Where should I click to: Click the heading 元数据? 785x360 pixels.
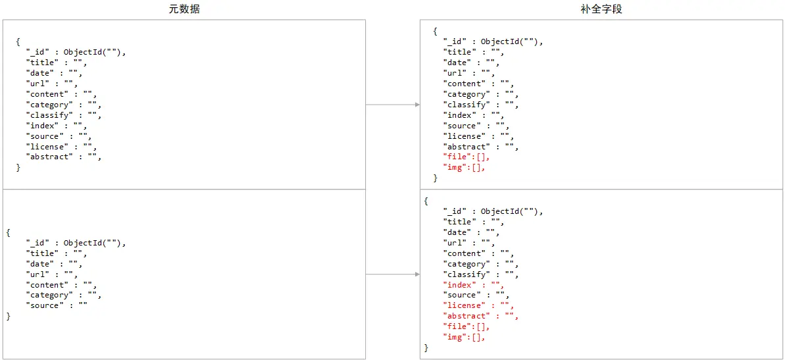tap(184, 9)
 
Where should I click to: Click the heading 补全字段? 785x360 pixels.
tap(601, 9)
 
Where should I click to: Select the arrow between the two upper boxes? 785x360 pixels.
tap(392, 105)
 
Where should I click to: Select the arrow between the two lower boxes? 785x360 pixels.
tap(392, 274)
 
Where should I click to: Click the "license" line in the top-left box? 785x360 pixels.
tap(62, 147)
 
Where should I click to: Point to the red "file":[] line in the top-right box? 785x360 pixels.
tap(467, 157)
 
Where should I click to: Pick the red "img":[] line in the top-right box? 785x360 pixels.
tap(464, 168)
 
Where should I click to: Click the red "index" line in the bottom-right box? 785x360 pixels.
tap(473, 285)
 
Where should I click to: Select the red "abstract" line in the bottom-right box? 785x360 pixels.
tap(481, 316)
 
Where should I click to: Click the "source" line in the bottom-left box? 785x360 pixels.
tap(57, 305)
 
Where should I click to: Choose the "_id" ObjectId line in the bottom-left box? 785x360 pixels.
tap(76, 243)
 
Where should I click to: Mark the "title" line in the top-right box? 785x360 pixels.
tap(473, 52)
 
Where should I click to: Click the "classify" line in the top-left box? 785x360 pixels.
tap(64, 115)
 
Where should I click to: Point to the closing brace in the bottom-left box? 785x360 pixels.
tap(9, 317)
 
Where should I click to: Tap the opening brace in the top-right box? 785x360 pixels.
tap(435, 31)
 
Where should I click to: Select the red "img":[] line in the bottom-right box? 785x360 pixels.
tap(464, 337)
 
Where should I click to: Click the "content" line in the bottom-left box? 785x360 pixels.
tap(62, 285)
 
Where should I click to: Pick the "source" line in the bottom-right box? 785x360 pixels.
tap(476, 295)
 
